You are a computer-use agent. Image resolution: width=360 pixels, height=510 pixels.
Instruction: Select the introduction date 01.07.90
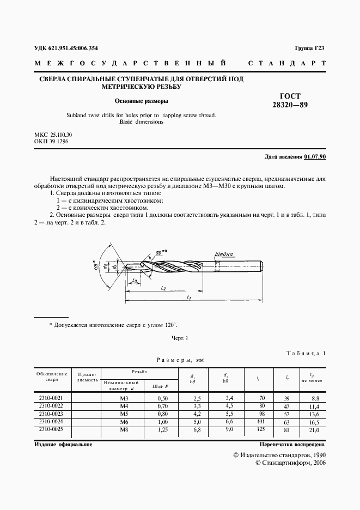coord(315,157)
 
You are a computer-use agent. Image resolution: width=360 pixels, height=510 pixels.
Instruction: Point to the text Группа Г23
coord(309,48)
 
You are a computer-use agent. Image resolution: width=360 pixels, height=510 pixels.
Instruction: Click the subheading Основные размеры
coord(141,101)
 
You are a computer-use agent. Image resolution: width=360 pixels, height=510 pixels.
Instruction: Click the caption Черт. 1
coord(180,338)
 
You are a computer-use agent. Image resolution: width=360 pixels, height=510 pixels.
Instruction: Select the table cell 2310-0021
coord(52,398)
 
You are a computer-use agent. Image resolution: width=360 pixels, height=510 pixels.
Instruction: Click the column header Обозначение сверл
coord(52,377)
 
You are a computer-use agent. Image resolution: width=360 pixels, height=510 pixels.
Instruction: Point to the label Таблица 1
coord(306,353)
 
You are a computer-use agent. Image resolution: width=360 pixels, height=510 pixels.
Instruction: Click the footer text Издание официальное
coord(63,445)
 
